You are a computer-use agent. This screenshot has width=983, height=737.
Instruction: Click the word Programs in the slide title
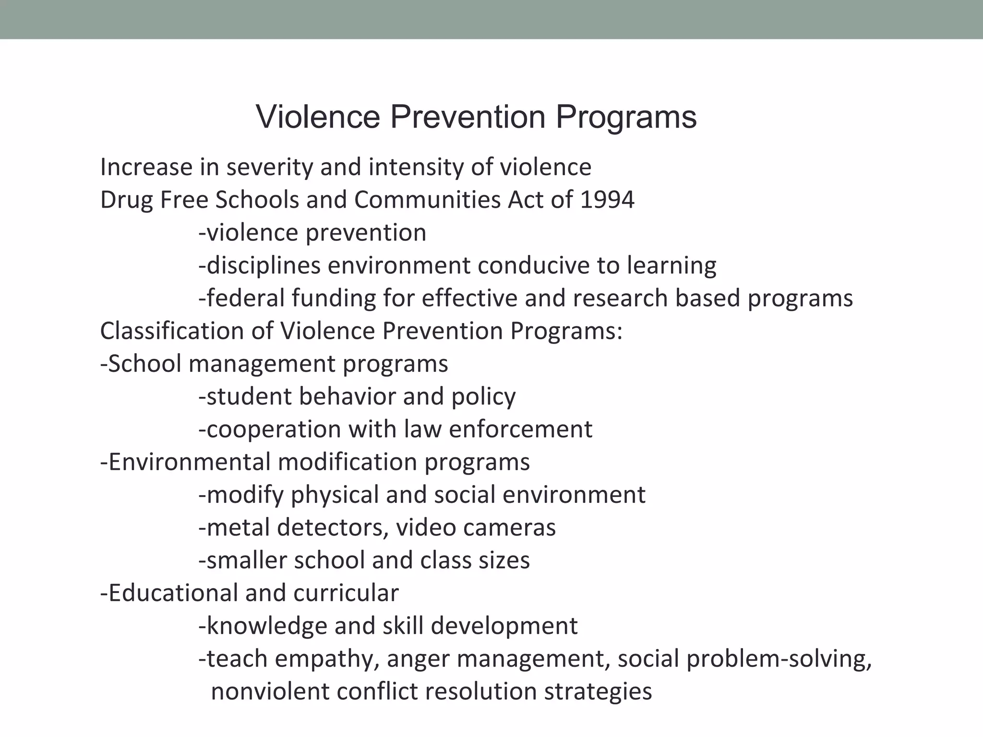(626, 118)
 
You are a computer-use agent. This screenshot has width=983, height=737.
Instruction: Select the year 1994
(607, 200)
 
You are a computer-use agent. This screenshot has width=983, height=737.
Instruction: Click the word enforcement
(521, 429)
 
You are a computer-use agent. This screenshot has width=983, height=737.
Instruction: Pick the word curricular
(346, 593)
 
